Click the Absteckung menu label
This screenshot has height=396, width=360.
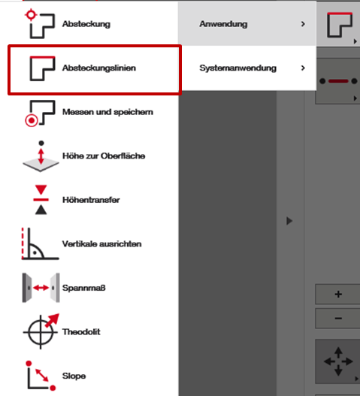[x=86, y=24]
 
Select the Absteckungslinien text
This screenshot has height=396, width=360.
[x=99, y=68]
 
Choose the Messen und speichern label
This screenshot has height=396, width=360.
[x=107, y=112]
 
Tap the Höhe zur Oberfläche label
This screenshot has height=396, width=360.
[x=104, y=156]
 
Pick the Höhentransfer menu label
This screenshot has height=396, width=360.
[x=91, y=200]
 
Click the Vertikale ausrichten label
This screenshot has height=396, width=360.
[x=101, y=244]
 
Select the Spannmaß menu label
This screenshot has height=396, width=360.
[x=84, y=288]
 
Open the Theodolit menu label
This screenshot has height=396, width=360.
[x=81, y=332]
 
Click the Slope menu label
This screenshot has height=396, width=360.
[x=74, y=376]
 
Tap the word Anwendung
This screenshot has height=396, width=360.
[x=223, y=24]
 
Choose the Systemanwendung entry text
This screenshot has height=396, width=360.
[x=237, y=68]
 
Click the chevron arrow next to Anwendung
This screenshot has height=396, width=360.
[x=303, y=24]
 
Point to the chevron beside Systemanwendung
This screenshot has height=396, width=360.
[x=303, y=68]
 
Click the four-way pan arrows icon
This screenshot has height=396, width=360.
[x=338, y=361]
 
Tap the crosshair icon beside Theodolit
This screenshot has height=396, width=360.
[x=41, y=332]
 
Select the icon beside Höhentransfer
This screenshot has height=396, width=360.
[x=41, y=200]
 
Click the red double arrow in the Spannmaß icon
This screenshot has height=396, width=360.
[x=41, y=288]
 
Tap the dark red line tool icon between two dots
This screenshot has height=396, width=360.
[x=338, y=81]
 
